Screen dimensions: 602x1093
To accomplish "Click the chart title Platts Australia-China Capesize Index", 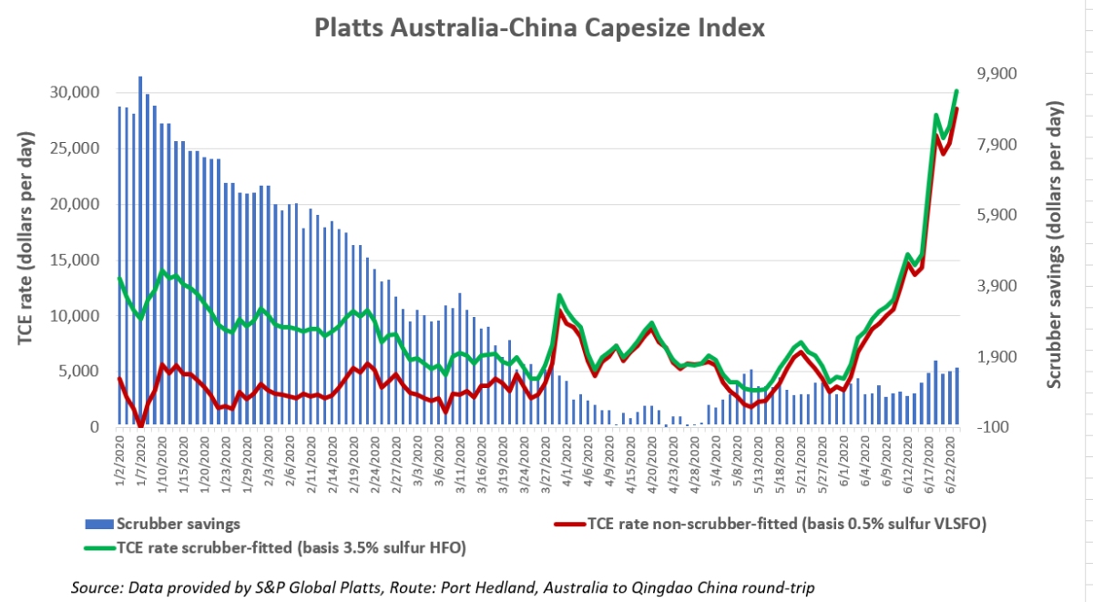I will tap(539, 27).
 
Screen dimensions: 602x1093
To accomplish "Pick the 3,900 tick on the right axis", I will tap(995, 286).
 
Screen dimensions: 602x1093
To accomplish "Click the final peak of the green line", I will tap(956, 91).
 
